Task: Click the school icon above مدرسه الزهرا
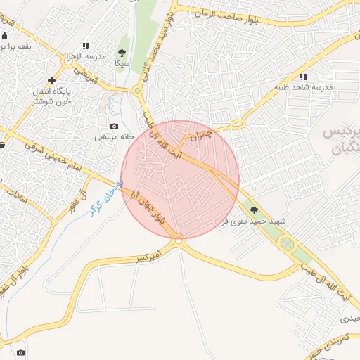(86, 46)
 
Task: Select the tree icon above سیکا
(122, 53)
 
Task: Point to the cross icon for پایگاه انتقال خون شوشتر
(51, 80)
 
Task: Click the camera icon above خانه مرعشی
(115, 126)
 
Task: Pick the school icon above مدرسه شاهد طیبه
(303, 77)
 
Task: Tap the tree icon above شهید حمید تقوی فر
(254, 210)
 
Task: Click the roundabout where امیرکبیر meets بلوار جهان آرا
(179, 241)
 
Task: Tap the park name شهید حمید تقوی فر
(254, 221)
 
